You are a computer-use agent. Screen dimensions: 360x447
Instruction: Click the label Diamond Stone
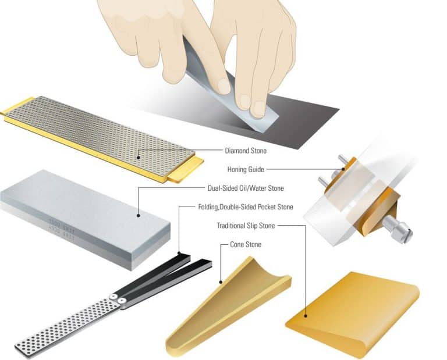pos(246,151)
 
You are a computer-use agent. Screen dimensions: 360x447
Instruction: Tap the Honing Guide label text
pos(246,169)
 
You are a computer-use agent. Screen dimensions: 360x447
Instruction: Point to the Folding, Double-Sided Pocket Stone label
pos(245,207)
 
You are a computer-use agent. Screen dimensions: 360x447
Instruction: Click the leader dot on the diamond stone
pos(139,156)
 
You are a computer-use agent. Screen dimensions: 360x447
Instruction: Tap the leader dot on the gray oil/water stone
pos(139,216)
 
